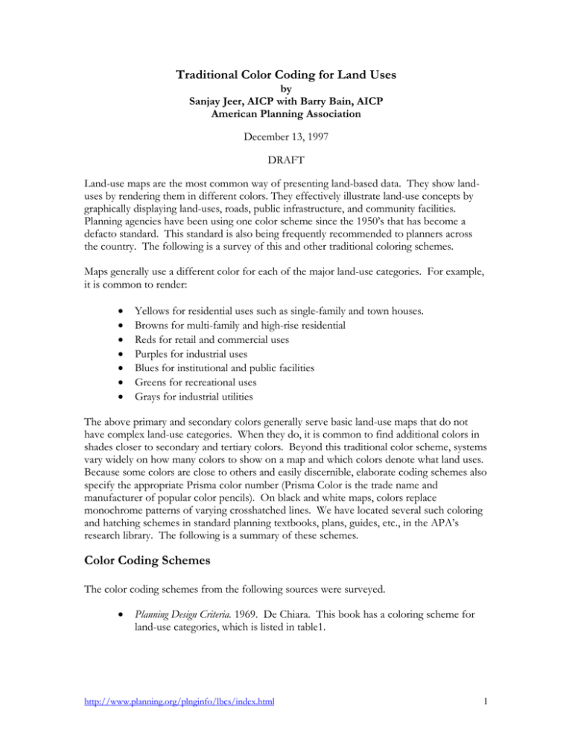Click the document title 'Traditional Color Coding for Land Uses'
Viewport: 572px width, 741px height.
pos(285,74)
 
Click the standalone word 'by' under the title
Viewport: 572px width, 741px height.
pos(285,89)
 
